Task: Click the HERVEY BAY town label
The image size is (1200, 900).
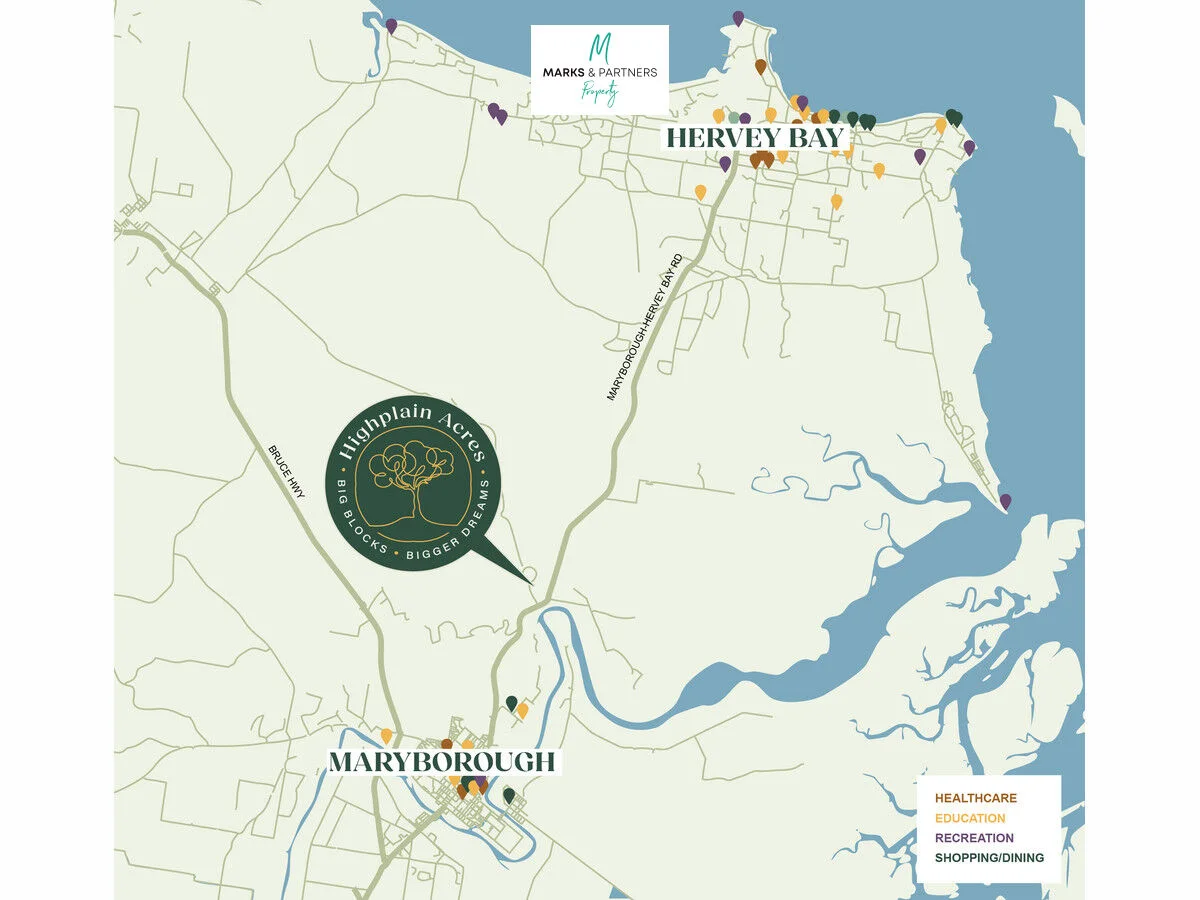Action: [755, 137]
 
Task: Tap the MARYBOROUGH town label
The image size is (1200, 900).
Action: [442, 762]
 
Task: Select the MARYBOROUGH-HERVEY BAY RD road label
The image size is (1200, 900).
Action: [644, 328]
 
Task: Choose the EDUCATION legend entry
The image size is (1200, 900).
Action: [970, 818]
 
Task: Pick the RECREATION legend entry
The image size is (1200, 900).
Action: [974, 838]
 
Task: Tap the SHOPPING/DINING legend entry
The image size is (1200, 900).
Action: [989, 858]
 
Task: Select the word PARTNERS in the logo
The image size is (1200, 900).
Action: [625, 73]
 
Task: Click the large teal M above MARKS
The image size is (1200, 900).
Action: [599, 47]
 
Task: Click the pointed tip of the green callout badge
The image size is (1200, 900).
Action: [531, 581]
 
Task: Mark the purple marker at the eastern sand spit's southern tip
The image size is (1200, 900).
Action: [1005, 500]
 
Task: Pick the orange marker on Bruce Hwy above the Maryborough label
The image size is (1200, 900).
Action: [386, 736]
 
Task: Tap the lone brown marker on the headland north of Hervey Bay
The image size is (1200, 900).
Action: [760, 67]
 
